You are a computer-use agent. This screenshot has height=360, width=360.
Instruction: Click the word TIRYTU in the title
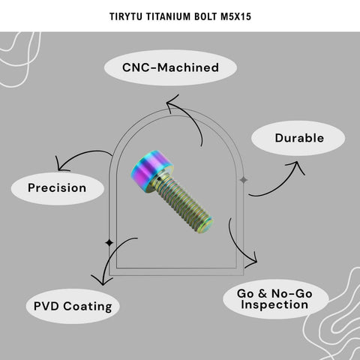[126, 16]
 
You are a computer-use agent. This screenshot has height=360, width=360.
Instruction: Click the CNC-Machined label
[170, 67]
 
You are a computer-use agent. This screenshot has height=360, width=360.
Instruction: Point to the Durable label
[299, 138]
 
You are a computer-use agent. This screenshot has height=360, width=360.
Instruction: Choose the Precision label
[57, 188]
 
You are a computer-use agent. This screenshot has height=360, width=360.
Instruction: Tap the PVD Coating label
[73, 307]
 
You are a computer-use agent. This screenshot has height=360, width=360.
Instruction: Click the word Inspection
[274, 304]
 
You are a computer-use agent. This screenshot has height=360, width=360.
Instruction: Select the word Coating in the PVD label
[88, 307]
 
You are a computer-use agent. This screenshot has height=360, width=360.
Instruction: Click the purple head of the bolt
[151, 170]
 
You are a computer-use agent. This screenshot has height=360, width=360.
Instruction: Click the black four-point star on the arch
[109, 242]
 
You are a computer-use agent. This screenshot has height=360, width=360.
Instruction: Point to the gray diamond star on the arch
[244, 180]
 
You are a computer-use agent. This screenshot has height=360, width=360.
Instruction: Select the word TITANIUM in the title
[168, 16]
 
